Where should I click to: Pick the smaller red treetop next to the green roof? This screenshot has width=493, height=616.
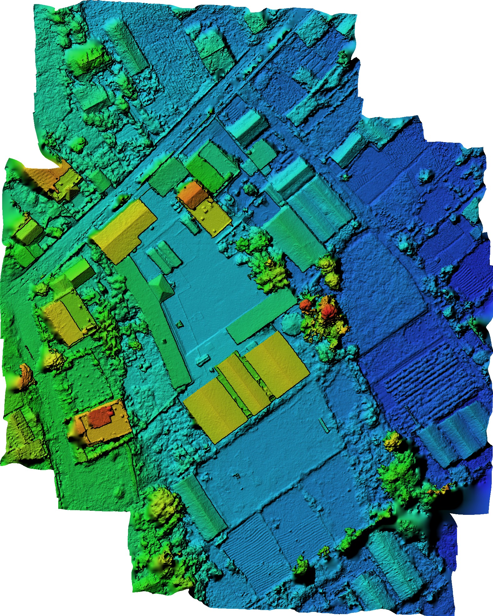click(x=305, y=304)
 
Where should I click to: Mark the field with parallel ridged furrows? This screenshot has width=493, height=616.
click(x=426, y=385)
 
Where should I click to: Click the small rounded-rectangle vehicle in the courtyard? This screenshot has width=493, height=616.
click(x=203, y=360)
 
